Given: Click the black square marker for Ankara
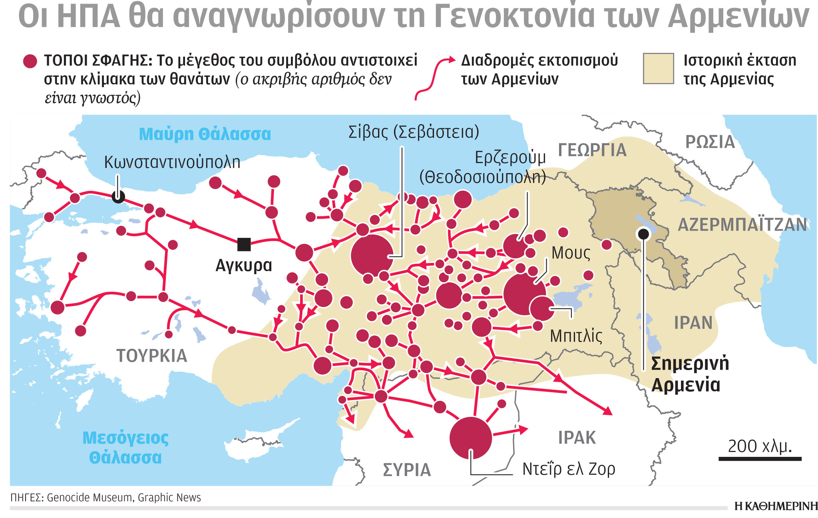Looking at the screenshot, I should click(x=244, y=244).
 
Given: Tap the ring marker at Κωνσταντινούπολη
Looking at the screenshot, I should click(x=118, y=196).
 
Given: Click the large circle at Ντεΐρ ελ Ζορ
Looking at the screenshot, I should click(x=470, y=438).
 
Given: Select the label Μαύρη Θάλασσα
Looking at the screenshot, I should click(x=205, y=134).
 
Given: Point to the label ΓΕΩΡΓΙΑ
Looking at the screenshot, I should click(x=592, y=150).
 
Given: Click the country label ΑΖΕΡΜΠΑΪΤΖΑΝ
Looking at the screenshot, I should click(x=742, y=225).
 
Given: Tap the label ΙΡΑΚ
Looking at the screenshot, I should click(x=577, y=438).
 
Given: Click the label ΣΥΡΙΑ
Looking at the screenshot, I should click(x=407, y=470).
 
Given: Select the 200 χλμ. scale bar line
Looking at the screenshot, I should click(x=760, y=459).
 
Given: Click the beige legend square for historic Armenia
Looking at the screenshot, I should click(x=658, y=69).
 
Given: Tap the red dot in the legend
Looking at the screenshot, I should click(x=30, y=61).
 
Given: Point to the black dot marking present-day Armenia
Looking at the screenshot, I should click(x=643, y=234).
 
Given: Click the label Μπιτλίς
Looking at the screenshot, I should click(x=576, y=336).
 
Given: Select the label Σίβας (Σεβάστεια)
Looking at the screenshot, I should click(x=414, y=132).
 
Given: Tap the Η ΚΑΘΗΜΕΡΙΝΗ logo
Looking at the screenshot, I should click(x=776, y=506).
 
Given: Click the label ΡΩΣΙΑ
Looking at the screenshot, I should click(x=710, y=142).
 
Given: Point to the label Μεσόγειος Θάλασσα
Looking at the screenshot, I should click(x=125, y=448).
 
